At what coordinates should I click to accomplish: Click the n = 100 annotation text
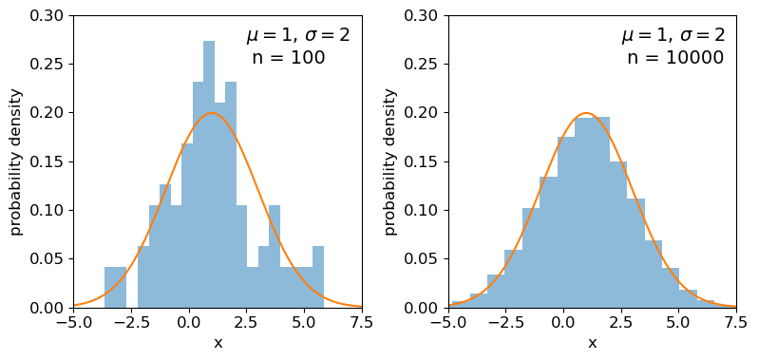(288, 58)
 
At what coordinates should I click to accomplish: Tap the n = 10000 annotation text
(674, 58)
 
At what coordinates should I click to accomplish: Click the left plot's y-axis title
(16, 161)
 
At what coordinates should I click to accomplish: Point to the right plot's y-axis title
(390, 161)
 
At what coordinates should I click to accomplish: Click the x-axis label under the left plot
(218, 343)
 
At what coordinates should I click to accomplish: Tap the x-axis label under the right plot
(592, 343)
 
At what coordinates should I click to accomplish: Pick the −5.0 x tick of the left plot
(73, 322)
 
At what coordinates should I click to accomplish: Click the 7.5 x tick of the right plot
(736, 322)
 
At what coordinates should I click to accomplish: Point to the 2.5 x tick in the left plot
(247, 322)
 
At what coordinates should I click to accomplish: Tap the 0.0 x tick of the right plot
(563, 322)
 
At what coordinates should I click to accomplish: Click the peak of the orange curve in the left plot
(212, 113)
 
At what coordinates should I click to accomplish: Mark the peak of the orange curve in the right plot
(586, 113)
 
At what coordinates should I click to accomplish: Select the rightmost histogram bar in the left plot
(318, 277)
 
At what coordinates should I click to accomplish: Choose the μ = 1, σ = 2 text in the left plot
(298, 36)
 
